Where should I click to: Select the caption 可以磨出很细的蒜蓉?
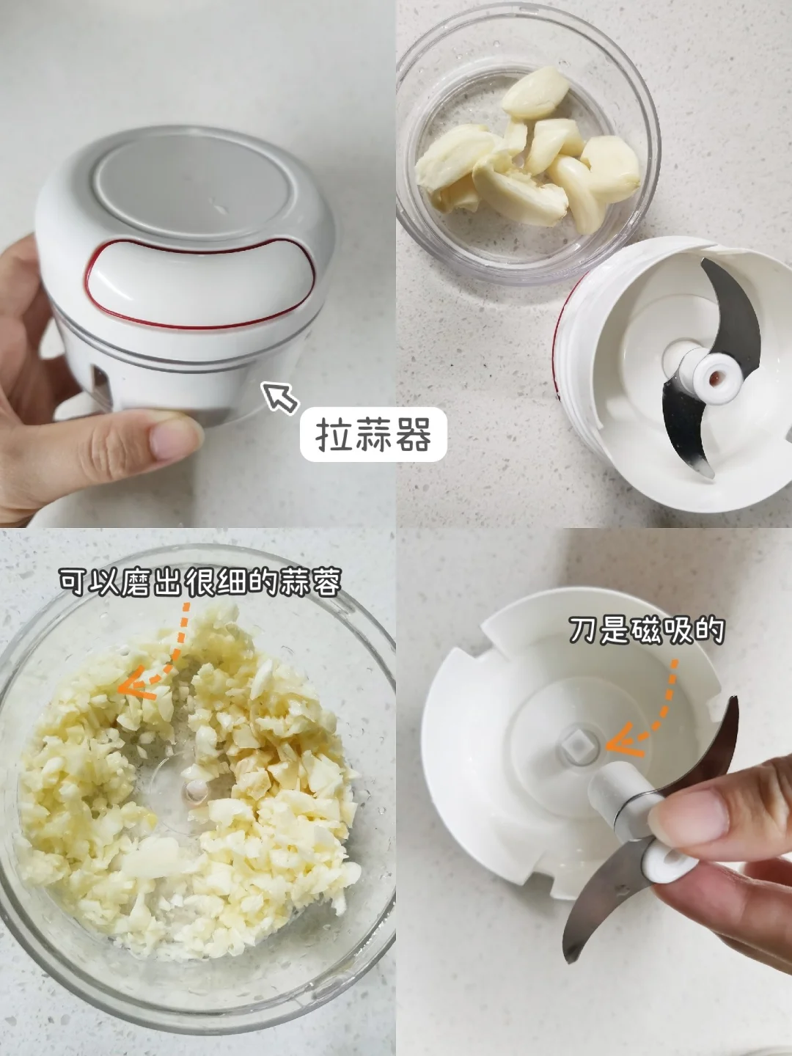click(200, 582)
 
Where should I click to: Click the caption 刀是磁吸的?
click(646, 631)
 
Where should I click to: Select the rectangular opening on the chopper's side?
click(100, 388)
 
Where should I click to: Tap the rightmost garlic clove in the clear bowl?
click(610, 166)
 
